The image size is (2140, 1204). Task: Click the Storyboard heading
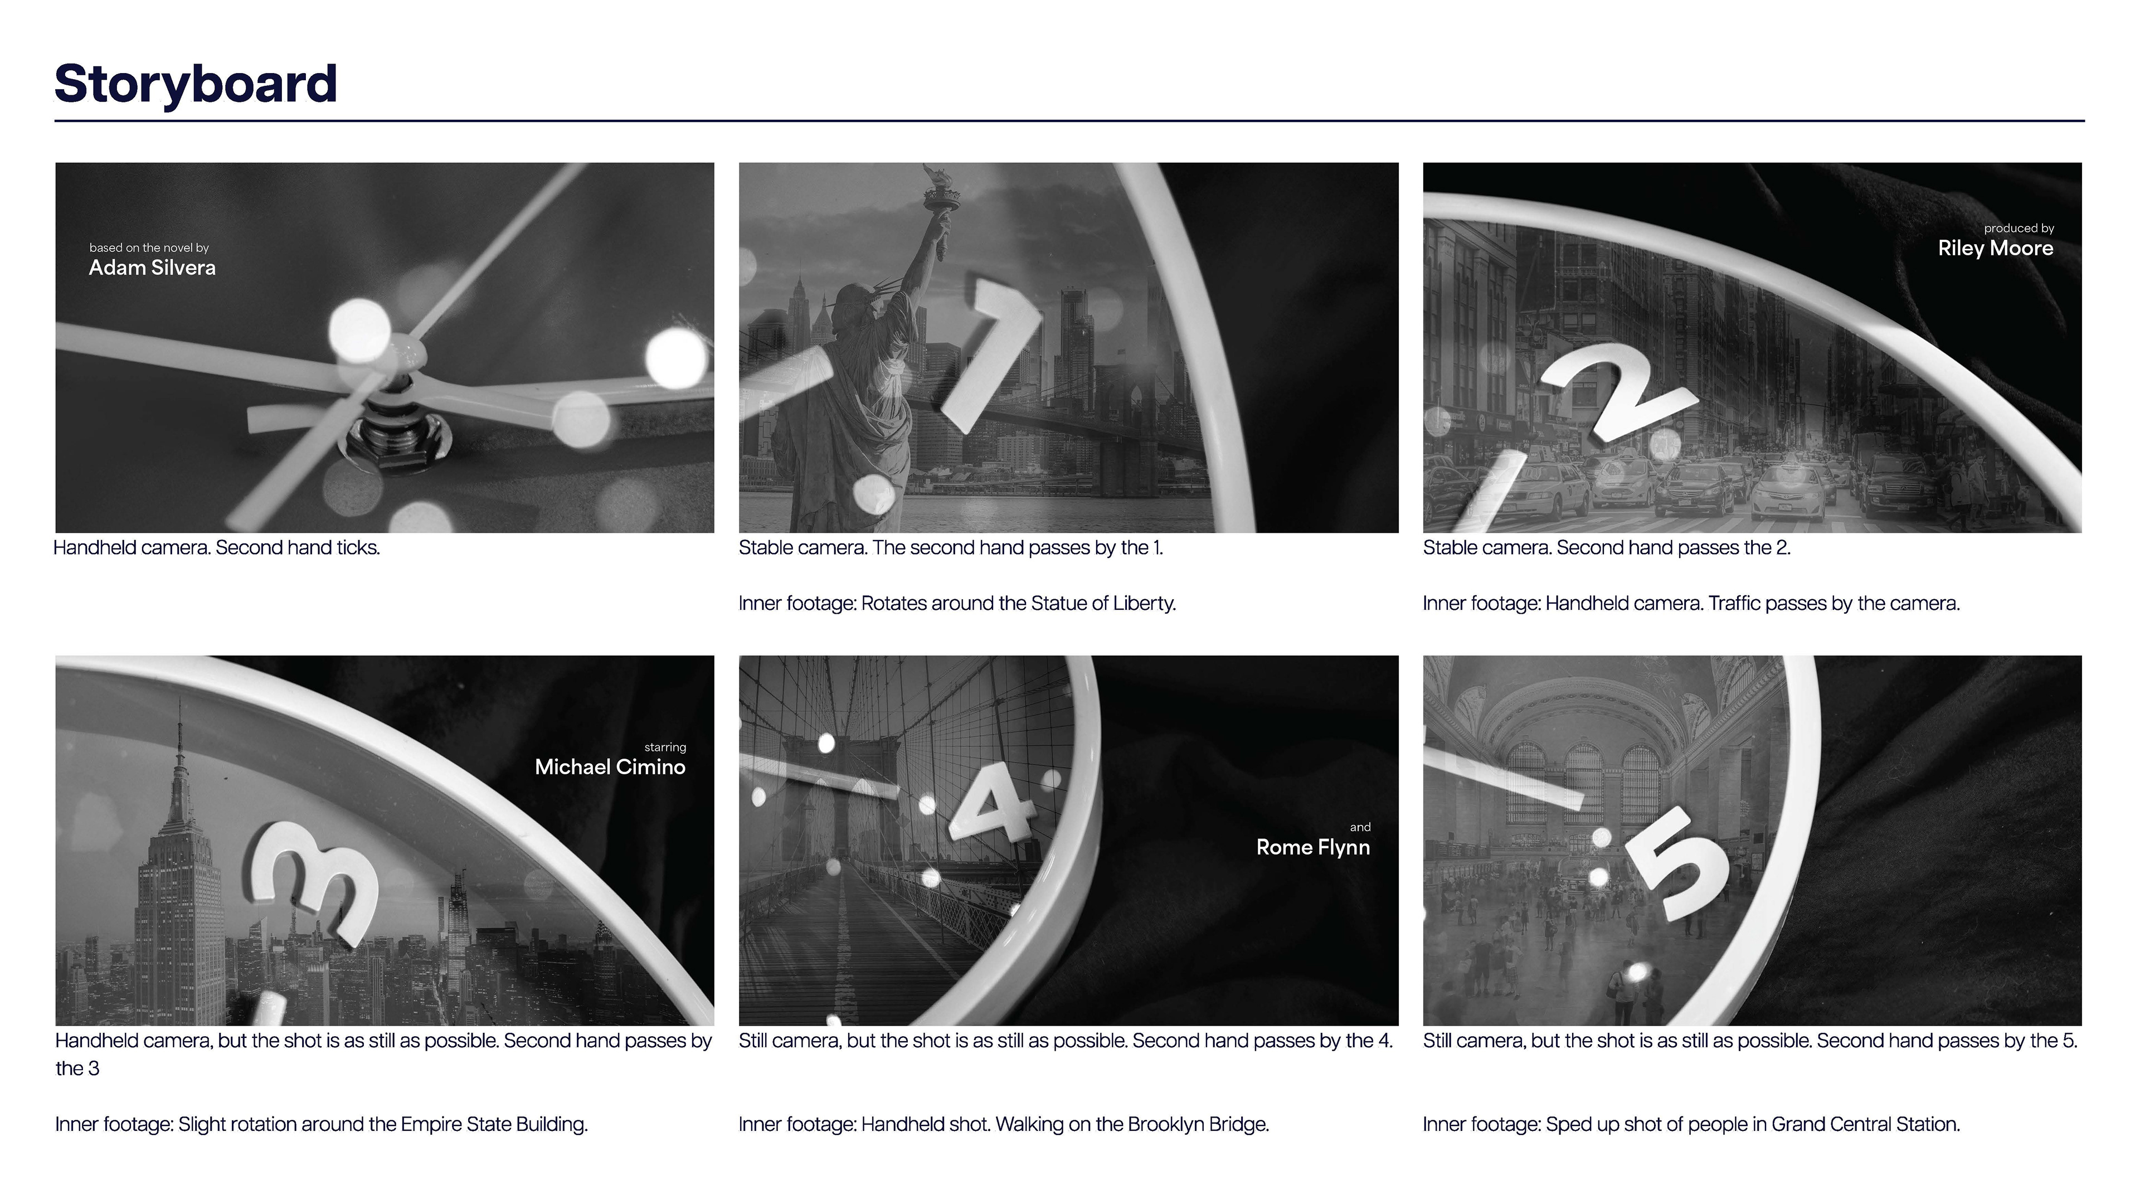196,84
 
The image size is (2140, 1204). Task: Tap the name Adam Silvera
152,268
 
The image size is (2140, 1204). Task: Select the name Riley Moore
1996,249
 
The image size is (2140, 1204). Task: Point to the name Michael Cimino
610,767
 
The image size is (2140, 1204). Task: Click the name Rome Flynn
1312,847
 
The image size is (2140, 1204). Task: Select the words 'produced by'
2019,229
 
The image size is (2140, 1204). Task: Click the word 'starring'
665,747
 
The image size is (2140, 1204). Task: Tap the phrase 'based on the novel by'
149,247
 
